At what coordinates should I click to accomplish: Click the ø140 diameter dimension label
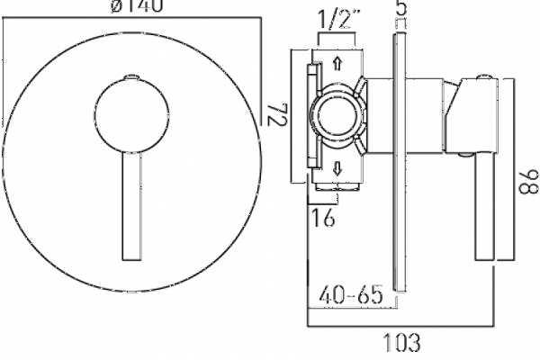coord(137,6)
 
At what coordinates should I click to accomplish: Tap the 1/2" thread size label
coord(338,19)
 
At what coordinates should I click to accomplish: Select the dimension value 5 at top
coord(400,7)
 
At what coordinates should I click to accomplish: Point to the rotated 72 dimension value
coord(276,114)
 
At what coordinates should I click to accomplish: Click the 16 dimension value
coord(323,218)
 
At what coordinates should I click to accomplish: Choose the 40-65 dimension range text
coord(351,294)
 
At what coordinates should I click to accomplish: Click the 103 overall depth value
coord(402,342)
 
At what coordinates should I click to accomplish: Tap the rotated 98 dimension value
coord(528,182)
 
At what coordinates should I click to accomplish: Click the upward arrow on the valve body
coord(337,63)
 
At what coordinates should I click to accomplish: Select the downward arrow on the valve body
coord(337,168)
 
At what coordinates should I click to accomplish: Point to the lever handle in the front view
coord(132,206)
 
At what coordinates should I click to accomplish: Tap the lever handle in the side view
coord(485,206)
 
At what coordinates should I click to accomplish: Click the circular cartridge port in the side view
coord(338,115)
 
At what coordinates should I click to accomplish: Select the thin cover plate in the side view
coord(400,162)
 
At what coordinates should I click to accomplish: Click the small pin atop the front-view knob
coord(131,76)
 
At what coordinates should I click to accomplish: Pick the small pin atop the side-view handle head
coord(485,76)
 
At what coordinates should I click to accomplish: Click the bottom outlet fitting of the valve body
coord(337,186)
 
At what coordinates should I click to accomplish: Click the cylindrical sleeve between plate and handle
coord(424,115)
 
